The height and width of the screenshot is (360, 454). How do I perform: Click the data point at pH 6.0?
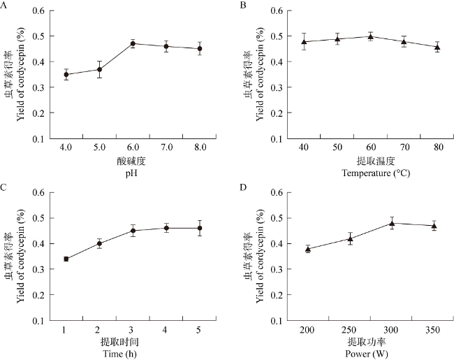pos(132,43)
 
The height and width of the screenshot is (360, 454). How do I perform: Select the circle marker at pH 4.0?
pos(66,74)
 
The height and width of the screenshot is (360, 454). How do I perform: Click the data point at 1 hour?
pos(66,259)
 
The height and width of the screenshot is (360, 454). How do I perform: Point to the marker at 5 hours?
pos(199,228)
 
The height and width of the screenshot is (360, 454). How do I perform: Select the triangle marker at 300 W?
pos(392,223)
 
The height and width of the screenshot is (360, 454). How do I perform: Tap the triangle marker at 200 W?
pos(308,248)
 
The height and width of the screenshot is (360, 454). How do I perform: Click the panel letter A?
pos(5,5)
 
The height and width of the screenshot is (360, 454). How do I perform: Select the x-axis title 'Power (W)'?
pos(371,353)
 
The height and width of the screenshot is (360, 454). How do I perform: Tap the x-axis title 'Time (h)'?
pos(133,353)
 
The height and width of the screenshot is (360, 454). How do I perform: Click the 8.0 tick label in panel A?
pos(199,148)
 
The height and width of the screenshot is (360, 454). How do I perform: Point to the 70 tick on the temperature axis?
pos(403,148)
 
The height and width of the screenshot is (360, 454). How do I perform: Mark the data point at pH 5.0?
pos(99,69)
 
